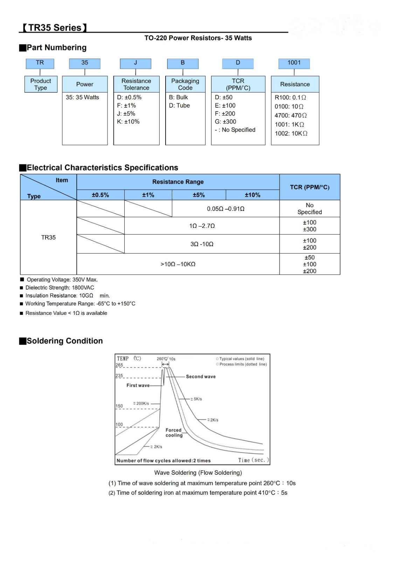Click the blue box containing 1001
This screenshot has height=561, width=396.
coord(294,63)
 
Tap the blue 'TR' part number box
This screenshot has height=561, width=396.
coord(40,63)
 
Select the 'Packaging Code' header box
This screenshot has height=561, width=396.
coord(185,84)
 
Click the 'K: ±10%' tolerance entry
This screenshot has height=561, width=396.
coord(128,122)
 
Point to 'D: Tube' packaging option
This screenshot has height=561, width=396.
coord(179,106)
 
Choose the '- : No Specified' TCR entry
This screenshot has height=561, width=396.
coord(235,130)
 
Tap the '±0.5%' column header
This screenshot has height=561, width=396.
coord(100,195)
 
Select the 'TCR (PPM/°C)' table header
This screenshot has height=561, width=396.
coord(310,187)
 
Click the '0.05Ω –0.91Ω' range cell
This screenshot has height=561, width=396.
coord(225,209)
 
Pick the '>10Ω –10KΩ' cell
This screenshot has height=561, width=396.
coord(178,264)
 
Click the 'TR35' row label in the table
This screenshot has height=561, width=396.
coord(48,237)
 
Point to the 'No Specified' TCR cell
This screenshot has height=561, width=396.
coord(310,209)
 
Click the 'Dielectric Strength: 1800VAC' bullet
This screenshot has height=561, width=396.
coord(60,288)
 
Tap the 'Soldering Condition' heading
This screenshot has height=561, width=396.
coord(65,341)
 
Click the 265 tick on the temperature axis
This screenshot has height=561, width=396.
coord(119,365)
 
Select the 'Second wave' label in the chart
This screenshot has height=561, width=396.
coord(201,377)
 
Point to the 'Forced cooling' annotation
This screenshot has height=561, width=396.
coord(174,432)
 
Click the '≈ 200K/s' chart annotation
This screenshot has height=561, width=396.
coord(141,404)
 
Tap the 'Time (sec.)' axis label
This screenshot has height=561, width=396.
coord(253,460)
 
